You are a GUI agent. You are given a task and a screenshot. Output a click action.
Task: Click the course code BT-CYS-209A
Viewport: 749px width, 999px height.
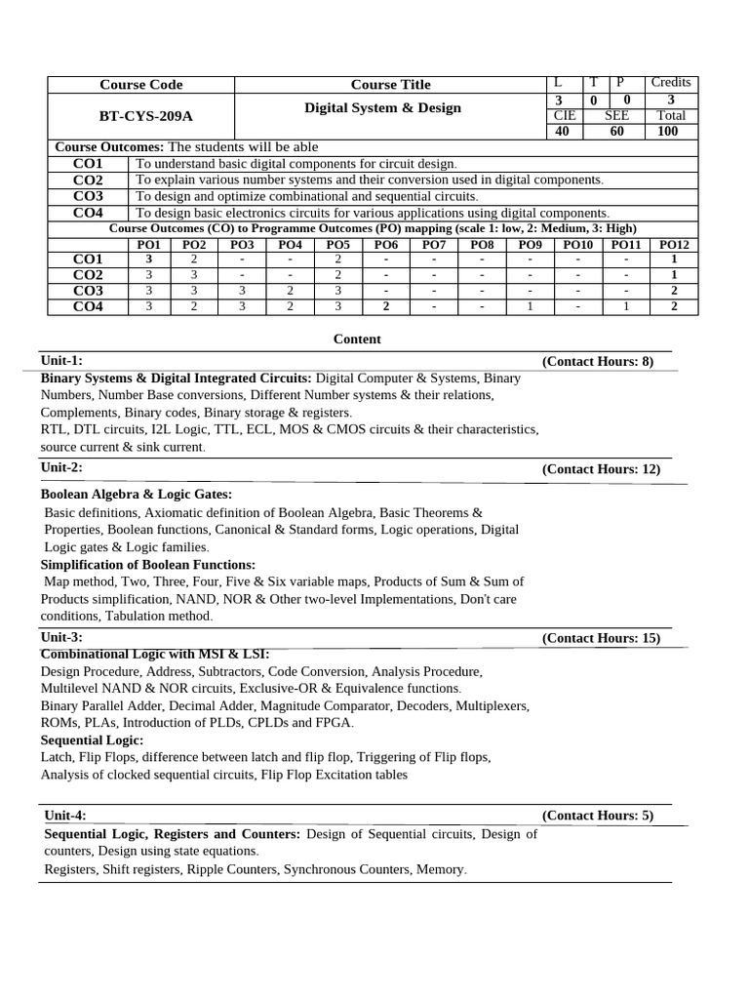tap(146, 116)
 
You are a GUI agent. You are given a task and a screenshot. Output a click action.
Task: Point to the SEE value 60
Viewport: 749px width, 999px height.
tap(616, 131)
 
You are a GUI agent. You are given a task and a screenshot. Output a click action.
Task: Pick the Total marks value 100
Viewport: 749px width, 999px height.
tap(668, 131)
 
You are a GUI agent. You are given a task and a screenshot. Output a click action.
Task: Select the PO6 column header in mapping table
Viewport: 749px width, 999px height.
tap(386, 244)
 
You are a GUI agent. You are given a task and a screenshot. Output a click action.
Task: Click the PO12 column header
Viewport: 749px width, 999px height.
tap(674, 244)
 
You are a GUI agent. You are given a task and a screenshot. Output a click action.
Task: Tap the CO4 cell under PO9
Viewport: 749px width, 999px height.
tap(530, 306)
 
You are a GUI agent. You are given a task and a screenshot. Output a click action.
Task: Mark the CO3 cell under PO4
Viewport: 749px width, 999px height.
tap(290, 291)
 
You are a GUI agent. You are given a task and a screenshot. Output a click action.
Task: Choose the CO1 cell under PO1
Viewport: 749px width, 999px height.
tap(148, 260)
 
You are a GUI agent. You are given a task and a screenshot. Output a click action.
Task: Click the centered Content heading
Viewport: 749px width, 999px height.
tap(357, 340)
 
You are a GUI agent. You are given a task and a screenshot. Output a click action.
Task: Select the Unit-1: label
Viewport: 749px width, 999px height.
tap(61, 361)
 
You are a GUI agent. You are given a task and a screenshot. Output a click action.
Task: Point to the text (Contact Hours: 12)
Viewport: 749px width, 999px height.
tap(601, 468)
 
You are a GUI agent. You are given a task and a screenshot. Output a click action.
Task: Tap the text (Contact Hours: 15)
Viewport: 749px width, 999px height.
tap(601, 638)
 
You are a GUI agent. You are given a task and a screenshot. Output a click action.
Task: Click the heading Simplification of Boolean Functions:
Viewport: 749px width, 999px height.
tap(148, 565)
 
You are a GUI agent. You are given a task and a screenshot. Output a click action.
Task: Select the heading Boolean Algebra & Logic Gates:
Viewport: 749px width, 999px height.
tap(137, 494)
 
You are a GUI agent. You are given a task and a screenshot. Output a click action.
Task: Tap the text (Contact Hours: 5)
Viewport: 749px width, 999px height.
tap(598, 816)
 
